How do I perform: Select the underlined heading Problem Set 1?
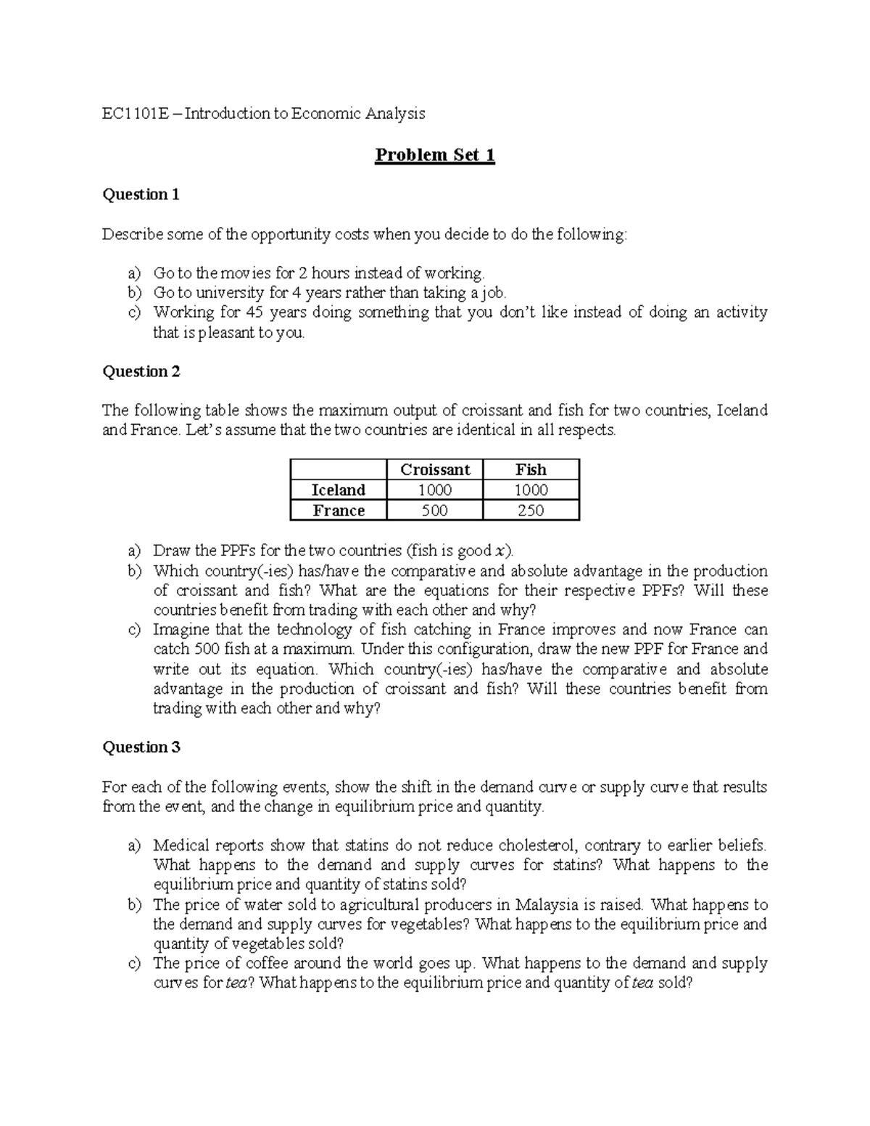coord(434,155)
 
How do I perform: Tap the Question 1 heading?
coord(141,194)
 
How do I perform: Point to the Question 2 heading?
coord(141,371)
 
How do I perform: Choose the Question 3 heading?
coord(141,747)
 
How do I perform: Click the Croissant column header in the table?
coord(435,469)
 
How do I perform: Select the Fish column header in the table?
coord(531,469)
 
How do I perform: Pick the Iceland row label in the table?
coord(338,489)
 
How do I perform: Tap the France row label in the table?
coord(338,510)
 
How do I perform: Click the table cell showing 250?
coord(531,510)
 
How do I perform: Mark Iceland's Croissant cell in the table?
coord(435,489)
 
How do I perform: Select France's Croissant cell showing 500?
coord(435,510)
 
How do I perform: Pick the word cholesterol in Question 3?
coord(538,845)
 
